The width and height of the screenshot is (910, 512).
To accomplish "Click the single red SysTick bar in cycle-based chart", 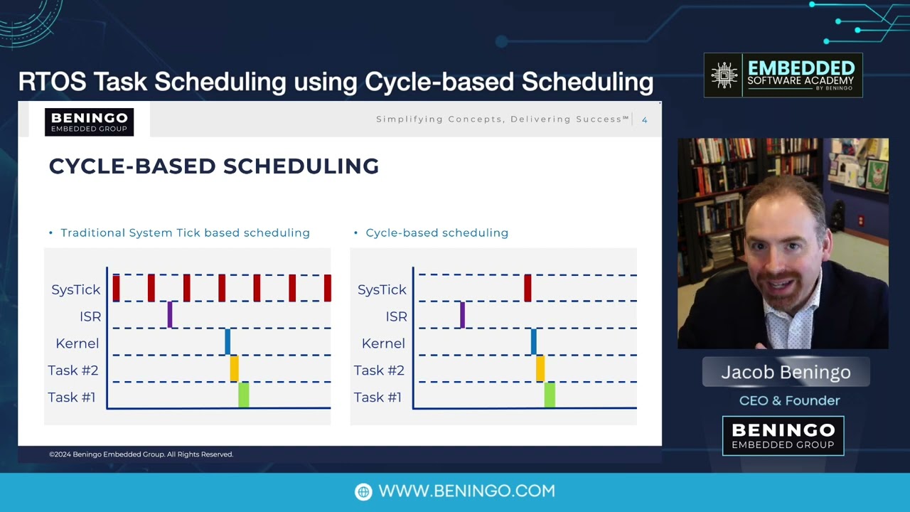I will point(528,288).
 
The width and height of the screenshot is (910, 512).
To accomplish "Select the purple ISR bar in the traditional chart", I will point(170,314).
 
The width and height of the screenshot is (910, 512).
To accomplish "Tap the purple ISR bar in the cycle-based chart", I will point(462,314).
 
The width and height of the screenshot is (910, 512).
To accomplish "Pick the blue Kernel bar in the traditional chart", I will point(227,341).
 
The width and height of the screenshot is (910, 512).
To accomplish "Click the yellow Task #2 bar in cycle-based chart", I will point(540,368).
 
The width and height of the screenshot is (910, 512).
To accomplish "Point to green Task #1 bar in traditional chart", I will point(244,395).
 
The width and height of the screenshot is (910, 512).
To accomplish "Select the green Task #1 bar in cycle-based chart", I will point(550,395).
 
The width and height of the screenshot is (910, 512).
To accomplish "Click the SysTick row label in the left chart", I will point(76,289).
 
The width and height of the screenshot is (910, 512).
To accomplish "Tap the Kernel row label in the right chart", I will point(383,343).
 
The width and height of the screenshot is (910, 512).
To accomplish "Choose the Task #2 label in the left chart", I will point(73,370).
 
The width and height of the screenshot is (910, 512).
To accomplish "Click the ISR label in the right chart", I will point(396,316).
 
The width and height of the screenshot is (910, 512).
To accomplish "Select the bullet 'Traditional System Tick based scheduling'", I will point(185,233).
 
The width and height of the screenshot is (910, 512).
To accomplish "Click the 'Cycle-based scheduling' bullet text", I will point(437,233).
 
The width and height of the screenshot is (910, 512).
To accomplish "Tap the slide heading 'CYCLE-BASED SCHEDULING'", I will point(213,166).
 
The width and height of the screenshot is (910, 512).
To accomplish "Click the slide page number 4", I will point(644,119).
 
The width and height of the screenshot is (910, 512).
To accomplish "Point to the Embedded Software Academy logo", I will point(783,75).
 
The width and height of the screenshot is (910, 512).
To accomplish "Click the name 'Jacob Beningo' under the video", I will point(786,372).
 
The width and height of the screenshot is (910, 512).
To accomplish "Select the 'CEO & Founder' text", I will point(789,400).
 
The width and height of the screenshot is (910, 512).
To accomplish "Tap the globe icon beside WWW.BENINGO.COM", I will point(363,491).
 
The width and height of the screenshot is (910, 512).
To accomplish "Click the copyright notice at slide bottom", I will point(141,454).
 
